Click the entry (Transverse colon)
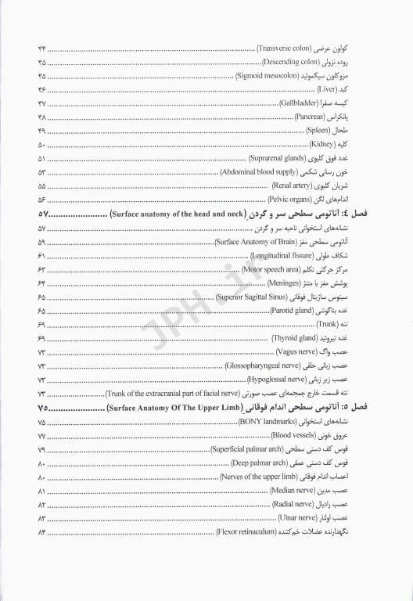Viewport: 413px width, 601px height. pyautogui.click(x=286, y=49)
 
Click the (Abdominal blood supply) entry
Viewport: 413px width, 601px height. pyautogui.click(x=257, y=172)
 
